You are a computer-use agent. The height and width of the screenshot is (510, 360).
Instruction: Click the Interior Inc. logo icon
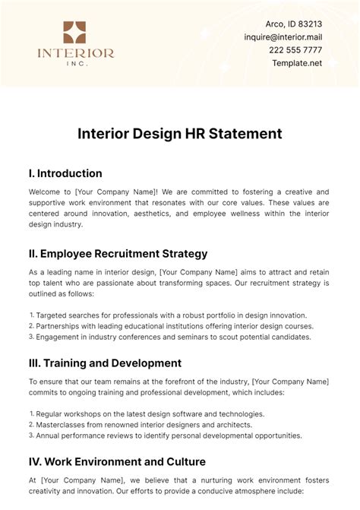[75, 33]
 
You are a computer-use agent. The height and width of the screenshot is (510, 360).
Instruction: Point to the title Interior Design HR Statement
[180, 133]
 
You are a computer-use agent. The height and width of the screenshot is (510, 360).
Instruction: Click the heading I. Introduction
[65, 173]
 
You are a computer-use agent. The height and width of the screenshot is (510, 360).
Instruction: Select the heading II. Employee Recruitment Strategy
[118, 253]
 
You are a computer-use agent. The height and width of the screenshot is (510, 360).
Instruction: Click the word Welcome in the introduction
[47, 192]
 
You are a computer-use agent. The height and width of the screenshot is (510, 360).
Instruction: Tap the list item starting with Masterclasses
[137, 424]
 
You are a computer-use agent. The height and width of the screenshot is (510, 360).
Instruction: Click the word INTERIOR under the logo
[76, 53]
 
